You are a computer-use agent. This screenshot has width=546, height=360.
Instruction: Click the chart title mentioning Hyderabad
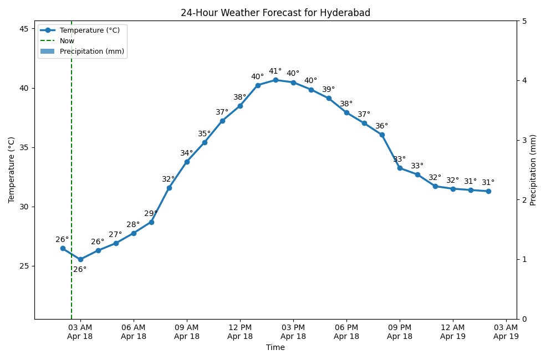pos(275,13)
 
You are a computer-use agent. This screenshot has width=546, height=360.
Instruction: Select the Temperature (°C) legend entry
pos(89,30)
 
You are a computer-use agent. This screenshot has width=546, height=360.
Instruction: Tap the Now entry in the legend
pos(67,40)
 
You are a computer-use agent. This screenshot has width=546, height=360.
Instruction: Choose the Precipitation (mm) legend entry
pos(91,52)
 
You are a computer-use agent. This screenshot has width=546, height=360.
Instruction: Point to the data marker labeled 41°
pos(275,80)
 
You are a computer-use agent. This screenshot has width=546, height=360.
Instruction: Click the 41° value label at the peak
pos(275,71)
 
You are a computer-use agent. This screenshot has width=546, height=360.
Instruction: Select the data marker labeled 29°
pos(151,222)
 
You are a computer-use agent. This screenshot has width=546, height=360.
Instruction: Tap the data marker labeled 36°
pos(382,135)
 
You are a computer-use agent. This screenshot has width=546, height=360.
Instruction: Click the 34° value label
pos(186,153)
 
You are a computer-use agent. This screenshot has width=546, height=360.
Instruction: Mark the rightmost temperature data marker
pos(488,191)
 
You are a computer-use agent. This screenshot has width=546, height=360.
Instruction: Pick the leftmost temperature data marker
pos(63,248)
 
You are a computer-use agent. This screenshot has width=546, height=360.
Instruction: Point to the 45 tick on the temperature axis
pos(24,29)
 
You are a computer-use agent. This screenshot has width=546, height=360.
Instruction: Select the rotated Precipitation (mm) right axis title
pos(533,170)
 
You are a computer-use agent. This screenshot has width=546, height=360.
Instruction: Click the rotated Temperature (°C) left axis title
pos(11,170)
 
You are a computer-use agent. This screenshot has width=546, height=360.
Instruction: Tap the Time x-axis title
pos(275,348)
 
